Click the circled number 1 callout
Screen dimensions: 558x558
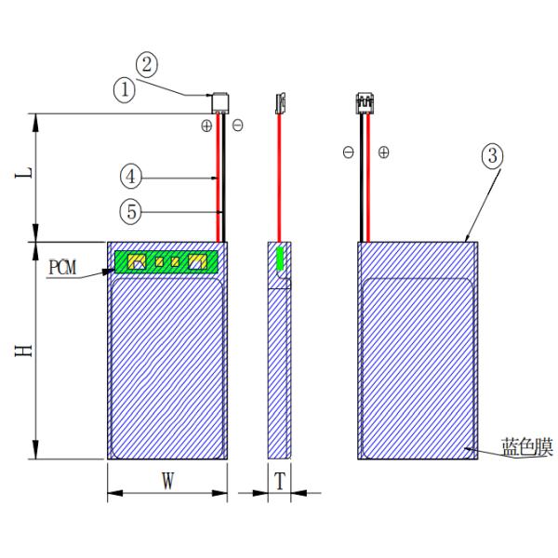125,91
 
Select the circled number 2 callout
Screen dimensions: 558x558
148,65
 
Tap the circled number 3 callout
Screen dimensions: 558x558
492,156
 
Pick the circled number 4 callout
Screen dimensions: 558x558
132,175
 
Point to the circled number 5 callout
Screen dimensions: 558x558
132,211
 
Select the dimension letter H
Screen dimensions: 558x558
27,349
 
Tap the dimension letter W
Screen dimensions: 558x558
167,482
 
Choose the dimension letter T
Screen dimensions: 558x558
279,482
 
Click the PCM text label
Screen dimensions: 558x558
63,268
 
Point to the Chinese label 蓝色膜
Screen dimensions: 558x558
526,448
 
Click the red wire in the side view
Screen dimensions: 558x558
279,177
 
